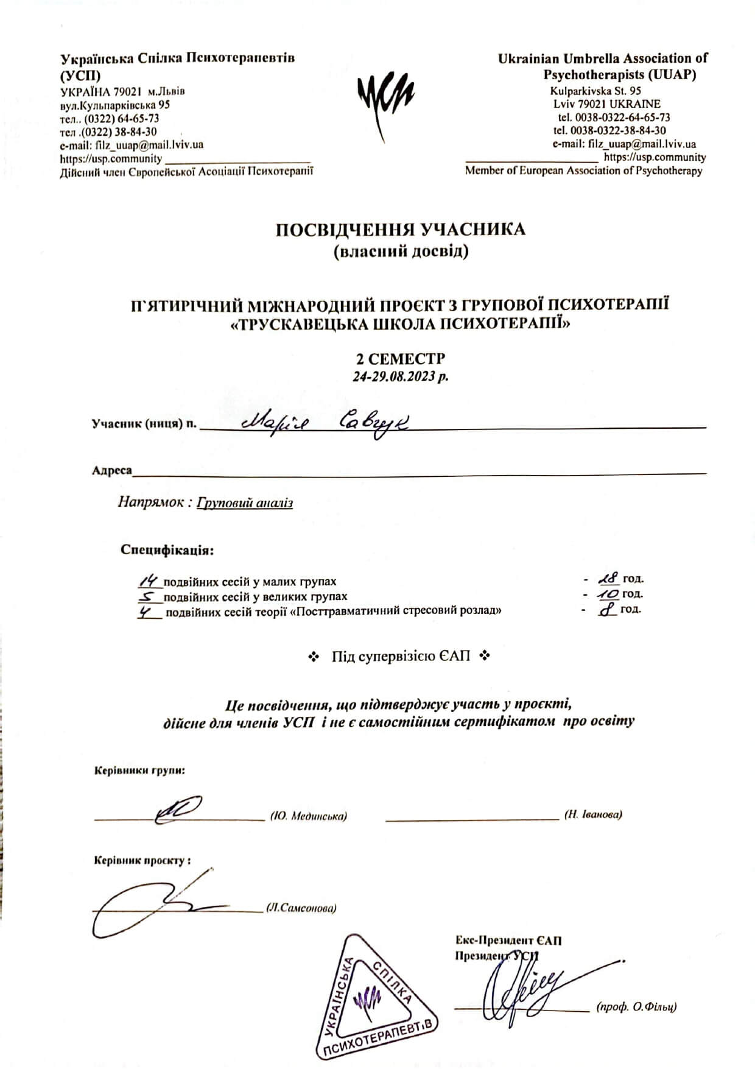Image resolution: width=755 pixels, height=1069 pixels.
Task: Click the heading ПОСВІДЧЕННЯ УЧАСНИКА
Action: click(400, 230)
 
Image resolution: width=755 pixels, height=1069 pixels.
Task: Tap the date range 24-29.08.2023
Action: click(400, 376)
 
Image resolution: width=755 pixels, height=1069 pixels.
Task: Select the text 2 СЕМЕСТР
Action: click(400, 358)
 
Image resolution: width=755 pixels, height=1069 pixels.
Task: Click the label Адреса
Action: click(111, 470)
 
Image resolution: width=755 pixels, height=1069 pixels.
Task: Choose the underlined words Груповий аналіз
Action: click(245, 503)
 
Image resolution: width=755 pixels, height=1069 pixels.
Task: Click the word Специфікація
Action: click(167, 550)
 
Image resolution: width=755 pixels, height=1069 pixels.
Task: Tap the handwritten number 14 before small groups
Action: click(149, 580)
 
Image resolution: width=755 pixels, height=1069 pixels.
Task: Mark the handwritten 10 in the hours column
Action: click(608, 594)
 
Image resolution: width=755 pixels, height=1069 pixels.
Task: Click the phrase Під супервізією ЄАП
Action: click(401, 657)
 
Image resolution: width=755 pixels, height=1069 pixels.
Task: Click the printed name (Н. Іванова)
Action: click(593, 814)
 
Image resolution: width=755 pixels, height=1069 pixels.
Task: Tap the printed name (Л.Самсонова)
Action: click(301, 908)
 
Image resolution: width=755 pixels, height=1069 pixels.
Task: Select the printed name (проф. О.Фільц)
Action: click(636, 1006)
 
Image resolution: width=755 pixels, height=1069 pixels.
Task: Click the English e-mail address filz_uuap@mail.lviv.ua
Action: click(624, 144)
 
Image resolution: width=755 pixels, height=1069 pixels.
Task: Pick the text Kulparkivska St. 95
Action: click(595, 91)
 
